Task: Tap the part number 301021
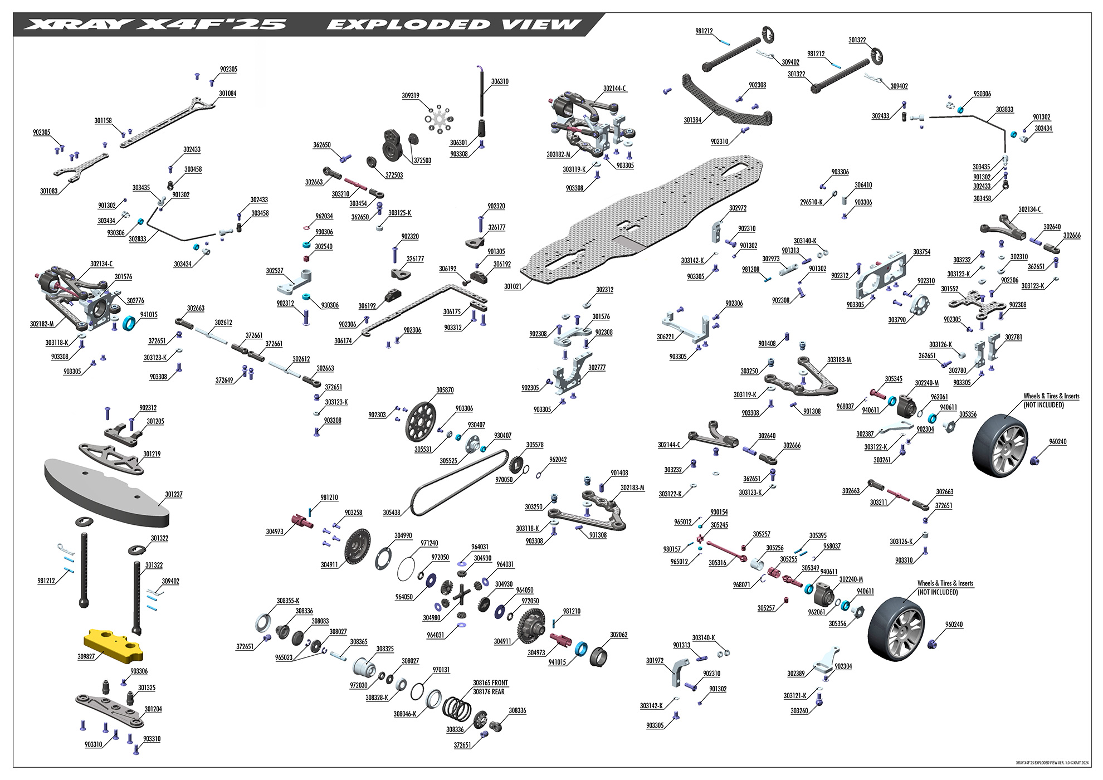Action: pos(513,286)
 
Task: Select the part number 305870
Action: pos(445,391)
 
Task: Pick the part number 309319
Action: pos(411,96)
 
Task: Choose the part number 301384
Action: pos(692,120)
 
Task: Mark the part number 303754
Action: pos(921,252)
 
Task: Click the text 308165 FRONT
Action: pos(490,682)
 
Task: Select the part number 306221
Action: pos(665,337)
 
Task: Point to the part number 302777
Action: pos(597,368)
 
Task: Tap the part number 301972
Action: pos(655,661)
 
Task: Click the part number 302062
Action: pos(618,635)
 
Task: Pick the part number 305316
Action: pos(717,563)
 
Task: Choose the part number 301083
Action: pos(48,191)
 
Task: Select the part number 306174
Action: pos(343,341)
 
